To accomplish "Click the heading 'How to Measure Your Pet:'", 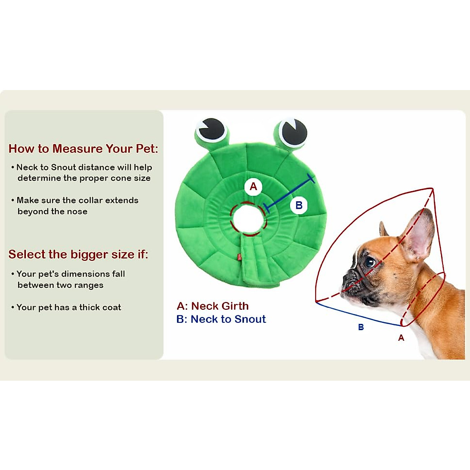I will (x=83, y=149).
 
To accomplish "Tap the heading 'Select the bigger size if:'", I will (x=78, y=255).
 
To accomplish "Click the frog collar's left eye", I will (x=212, y=130).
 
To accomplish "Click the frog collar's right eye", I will (x=292, y=133).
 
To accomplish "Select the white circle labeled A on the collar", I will (x=253, y=186).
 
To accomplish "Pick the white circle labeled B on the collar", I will (x=299, y=205).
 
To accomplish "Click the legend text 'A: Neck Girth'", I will (x=213, y=306).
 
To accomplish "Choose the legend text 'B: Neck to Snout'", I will (x=221, y=319).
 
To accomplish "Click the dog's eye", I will (x=369, y=261).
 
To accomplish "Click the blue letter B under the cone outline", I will (x=361, y=327).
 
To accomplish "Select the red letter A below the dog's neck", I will (x=401, y=338).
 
